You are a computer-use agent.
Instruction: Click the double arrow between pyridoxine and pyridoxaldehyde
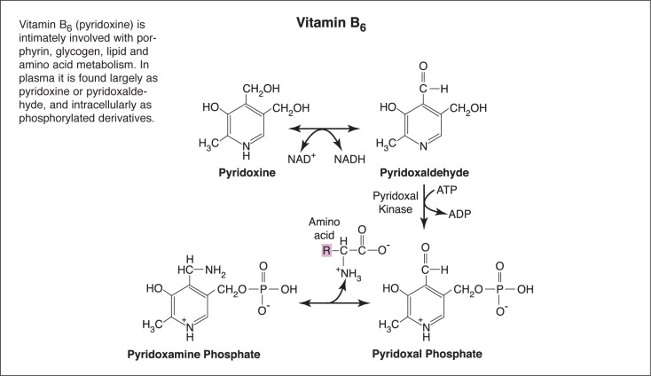tap(321, 129)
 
